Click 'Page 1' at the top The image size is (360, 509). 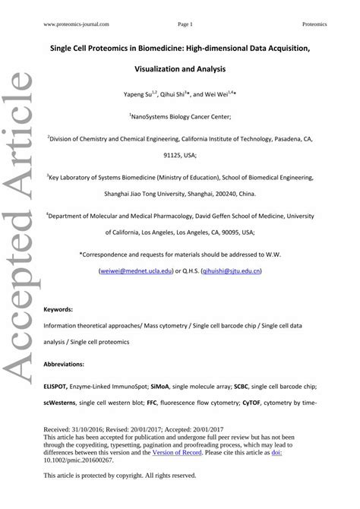coord(185,24)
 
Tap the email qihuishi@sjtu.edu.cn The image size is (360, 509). coord(232,270)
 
